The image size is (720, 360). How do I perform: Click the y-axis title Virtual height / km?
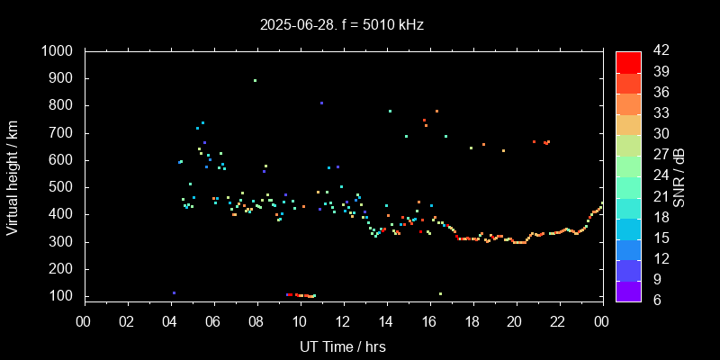click(x=13, y=174)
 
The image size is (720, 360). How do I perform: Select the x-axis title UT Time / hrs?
click(x=343, y=346)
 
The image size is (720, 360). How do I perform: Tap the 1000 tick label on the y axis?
click(x=58, y=51)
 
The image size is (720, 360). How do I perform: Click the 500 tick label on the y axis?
click(x=63, y=187)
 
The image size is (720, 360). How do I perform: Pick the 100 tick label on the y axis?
click(x=63, y=296)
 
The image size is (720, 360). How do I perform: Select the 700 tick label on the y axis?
click(x=63, y=133)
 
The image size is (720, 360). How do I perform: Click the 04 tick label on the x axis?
click(x=170, y=321)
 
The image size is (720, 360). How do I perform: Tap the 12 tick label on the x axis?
click(x=343, y=321)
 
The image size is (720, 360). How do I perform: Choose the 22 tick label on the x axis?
click(x=558, y=321)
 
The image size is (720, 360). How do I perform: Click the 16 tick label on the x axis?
click(x=429, y=321)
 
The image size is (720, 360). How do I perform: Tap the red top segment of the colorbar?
click(x=628, y=62)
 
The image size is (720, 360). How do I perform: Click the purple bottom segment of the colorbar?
click(x=628, y=290)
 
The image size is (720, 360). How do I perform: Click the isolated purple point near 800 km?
click(x=321, y=103)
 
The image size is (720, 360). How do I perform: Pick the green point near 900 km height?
click(x=255, y=81)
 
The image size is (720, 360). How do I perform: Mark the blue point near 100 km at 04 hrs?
click(x=174, y=292)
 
